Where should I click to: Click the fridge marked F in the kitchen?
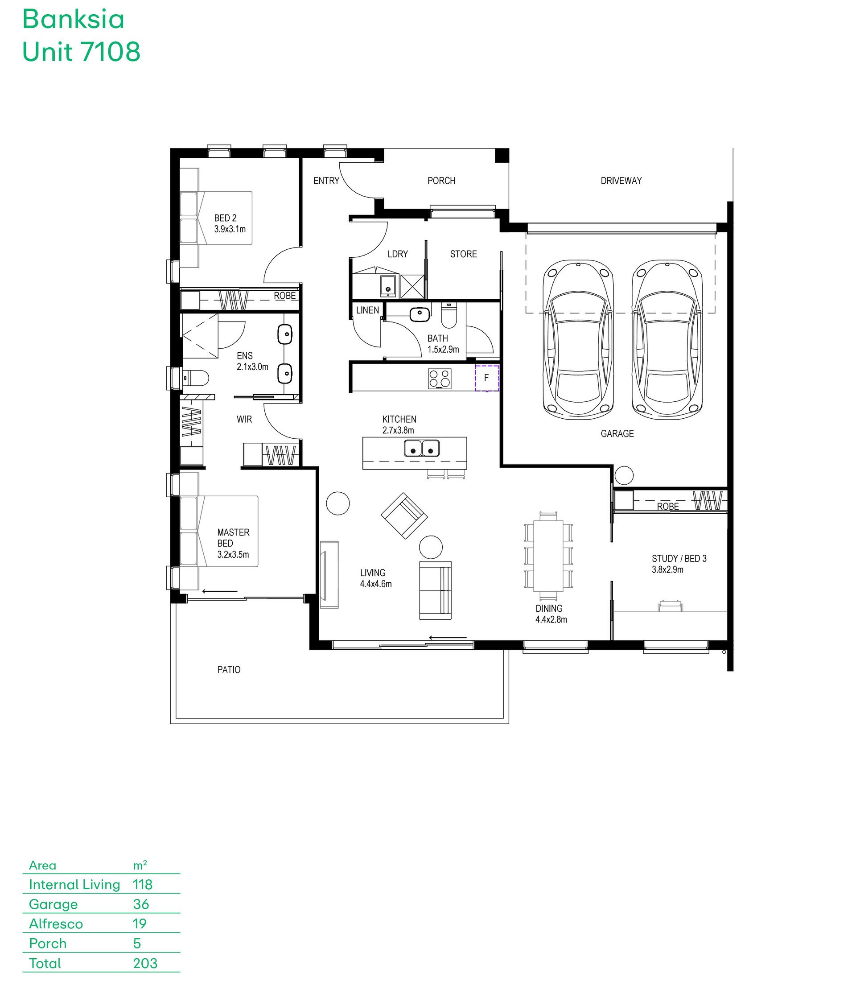(487, 378)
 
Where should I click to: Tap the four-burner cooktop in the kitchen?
(440, 378)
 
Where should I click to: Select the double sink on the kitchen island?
(422, 448)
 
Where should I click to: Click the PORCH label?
(441, 181)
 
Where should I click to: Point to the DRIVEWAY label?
(621, 181)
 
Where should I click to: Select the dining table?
(548, 556)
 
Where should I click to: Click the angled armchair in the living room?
(404, 515)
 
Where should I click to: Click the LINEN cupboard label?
(367, 310)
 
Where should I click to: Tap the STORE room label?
(463, 254)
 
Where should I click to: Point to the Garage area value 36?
(141, 904)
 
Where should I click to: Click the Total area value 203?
(145, 963)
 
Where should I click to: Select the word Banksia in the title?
(74, 20)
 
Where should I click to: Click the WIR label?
(244, 420)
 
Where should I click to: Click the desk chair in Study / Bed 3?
(671, 606)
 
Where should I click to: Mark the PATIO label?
(229, 670)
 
